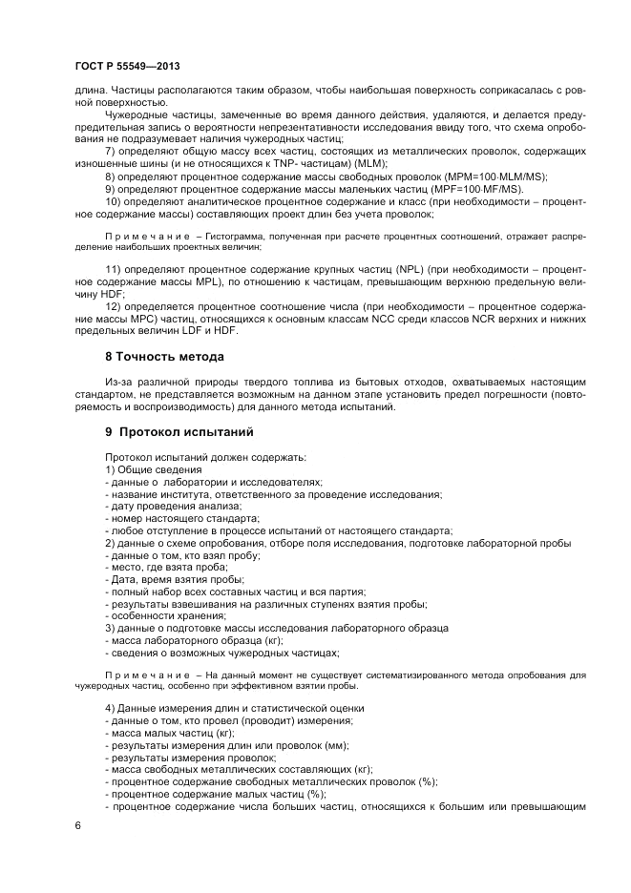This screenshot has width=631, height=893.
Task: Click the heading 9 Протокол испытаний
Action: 173,430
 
